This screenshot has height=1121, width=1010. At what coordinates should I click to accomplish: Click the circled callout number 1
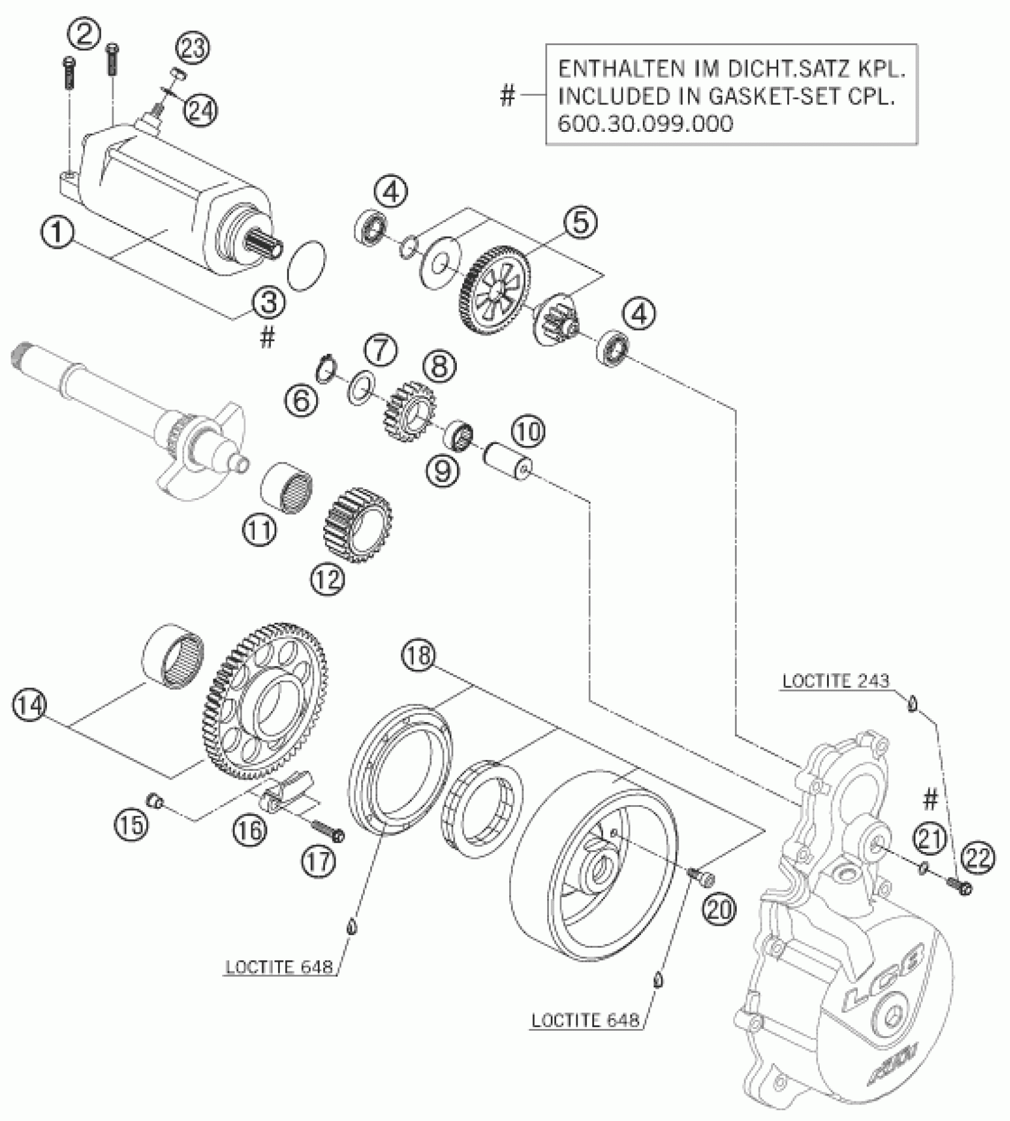tap(58, 233)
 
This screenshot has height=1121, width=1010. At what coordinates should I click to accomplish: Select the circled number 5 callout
tap(580, 222)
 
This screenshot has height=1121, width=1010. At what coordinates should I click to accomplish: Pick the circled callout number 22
tap(979, 859)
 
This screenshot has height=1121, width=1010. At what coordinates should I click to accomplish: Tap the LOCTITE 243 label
tap(835, 680)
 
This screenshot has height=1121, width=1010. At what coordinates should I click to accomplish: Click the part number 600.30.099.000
tap(645, 123)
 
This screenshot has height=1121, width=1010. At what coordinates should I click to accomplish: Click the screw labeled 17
tap(326, 828)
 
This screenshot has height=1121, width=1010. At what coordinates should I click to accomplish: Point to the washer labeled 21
tap(924, 868)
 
